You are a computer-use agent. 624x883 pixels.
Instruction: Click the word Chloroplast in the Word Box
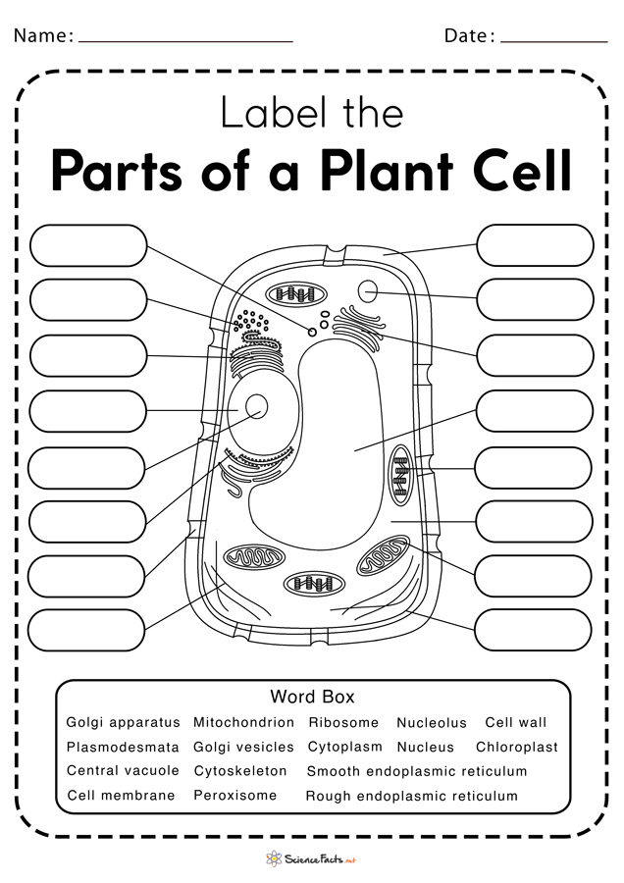pos(516,747)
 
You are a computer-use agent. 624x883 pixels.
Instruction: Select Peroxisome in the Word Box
pos(235,795)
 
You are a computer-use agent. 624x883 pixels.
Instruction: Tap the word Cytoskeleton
pos(240,771)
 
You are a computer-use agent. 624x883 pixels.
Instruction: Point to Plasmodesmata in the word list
pos(123,747)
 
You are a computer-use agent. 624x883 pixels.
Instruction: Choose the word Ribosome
pos(343,722)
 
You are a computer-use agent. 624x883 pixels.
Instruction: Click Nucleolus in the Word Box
pos(432,723)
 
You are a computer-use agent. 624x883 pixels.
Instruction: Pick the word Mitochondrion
pos(243,722)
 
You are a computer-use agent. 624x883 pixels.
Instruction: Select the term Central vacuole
pos(123,771)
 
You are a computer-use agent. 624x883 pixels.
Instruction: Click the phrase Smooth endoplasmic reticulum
pos(417,771)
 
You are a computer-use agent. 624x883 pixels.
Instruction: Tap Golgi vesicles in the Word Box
pos(243,747)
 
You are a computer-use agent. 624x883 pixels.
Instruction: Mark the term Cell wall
pos(516,722)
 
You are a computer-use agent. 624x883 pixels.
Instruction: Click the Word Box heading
pos(312,697)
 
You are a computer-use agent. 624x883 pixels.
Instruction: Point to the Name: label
pos(43,36)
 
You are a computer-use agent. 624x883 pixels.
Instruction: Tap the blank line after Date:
pos(553,39)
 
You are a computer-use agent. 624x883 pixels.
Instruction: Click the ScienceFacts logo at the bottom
pos(312,858)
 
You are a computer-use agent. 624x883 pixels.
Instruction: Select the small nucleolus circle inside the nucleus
pos(257,407)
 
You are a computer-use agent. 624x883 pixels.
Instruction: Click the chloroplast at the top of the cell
pos(298,293)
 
